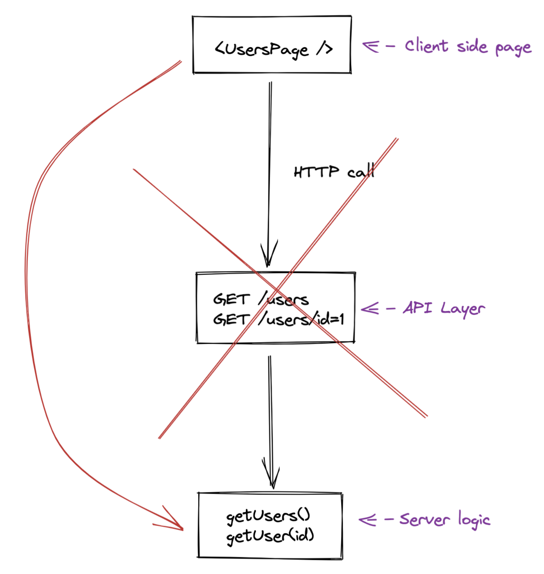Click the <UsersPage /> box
coord(272,45)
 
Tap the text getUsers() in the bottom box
coord(268,516)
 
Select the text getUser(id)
coord(270,536)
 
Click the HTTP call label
coord(334,172)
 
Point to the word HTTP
coord(316,172)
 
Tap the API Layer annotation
coord(444,308)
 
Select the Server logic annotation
coord(444,519)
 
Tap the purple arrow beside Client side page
coord(371,45)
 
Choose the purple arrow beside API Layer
coord(370,308)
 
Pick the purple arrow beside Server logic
coord(368,519)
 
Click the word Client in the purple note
coord(426,45)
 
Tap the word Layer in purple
coord(463,309)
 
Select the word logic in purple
coord(474,520)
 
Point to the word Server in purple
coord(424,519)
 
